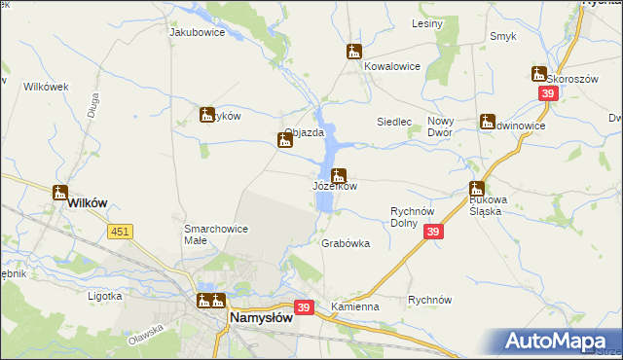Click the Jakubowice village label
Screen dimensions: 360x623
pyautogui.click(x=198, y=32)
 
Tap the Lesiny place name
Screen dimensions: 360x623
pyautogui.click(x=427, y=22)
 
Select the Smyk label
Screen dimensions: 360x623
pyautogui.click(x=503, y=36)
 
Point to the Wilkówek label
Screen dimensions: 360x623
pyautogui.click(x=47, y=87)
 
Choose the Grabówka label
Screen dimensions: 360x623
pyautogui.click(x=346, y=244)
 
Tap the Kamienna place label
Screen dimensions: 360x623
pyautogui.click(x=354, y=306)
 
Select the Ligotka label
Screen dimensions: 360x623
pyautogui.click(x=104, y=295)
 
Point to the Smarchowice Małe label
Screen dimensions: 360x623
pyautogui.click(x=215, y=234)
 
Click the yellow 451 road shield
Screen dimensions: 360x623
pyautogui.click(x=121, y=231)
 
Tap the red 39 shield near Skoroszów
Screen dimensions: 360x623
pyautogui.click(x=548, y=92)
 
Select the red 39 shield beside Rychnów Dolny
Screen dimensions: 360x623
pyautogui.click(x=433, y=231)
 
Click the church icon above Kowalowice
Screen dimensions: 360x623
pyautogui.click(x=354, y=52)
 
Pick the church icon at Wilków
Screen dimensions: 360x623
pyautogui.click(x=60, y=192)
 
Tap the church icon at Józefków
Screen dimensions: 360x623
pyautogui.click(x=338, y=176)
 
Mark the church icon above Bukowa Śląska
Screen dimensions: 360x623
pyautogui.click(x=477, y=189)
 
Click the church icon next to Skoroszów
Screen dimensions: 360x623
pyautogui.click(x=538, y=73)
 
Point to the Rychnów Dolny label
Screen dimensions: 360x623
pyautogui.click(x=418, y=216)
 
